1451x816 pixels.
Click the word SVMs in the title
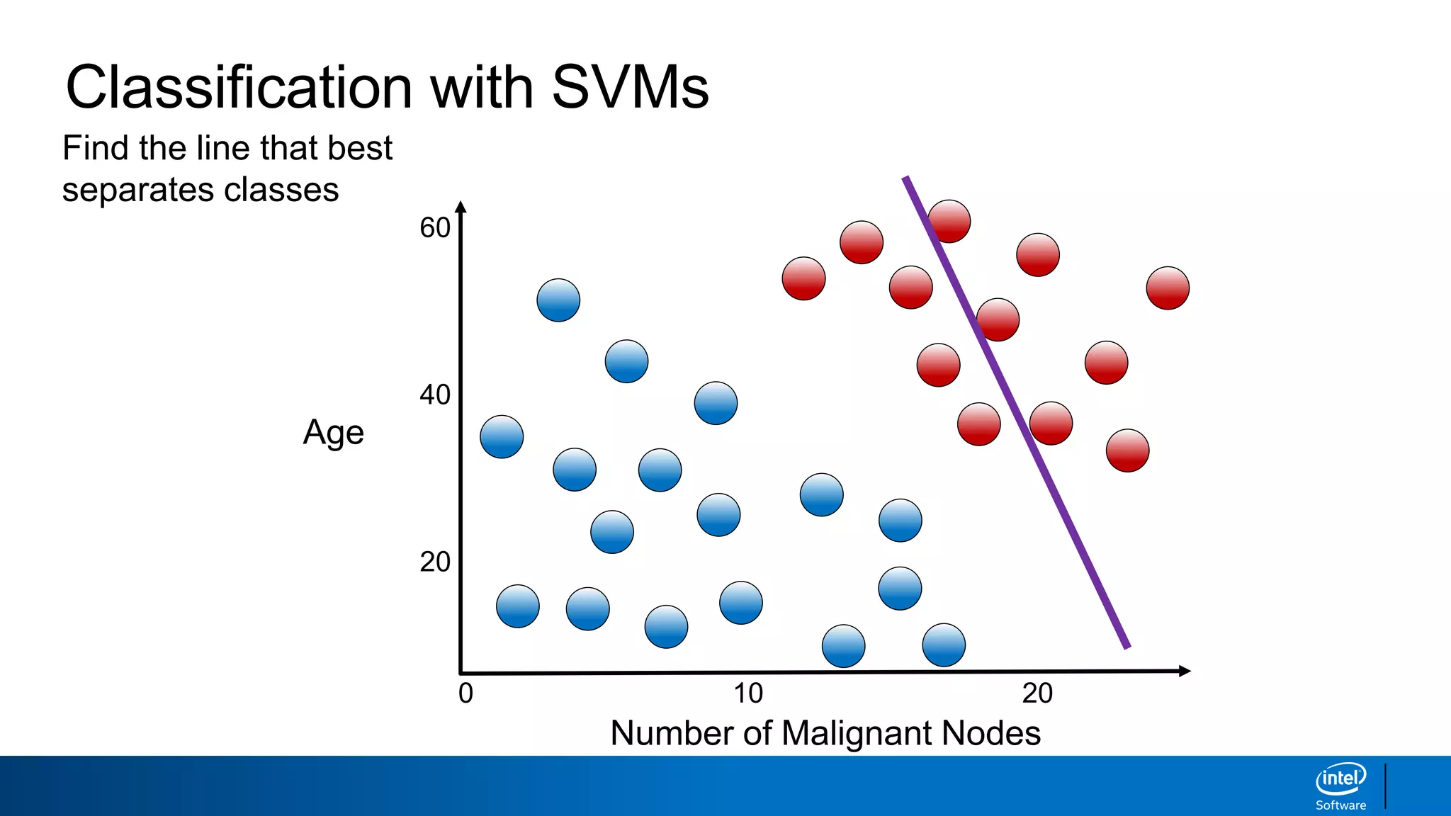[630, 87]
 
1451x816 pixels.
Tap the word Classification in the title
[239, 87]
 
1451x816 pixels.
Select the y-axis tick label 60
[435, 228]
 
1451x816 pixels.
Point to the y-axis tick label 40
[435, 395]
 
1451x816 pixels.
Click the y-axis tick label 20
[435, 562]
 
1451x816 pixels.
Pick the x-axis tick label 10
[748, 693]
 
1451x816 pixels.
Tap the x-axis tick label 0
[465, 693]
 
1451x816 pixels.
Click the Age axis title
[333, 433]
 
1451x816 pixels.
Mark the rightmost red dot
[1168, 288]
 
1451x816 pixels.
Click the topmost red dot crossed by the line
[949, 221]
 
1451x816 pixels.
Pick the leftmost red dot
[803, 278]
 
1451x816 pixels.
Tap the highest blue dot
[558, 300]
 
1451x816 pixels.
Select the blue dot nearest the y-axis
[502, 436]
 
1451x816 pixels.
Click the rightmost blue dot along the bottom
[944, 645]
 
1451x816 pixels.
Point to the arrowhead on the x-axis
[1184, 671]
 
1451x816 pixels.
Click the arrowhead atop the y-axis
[461, 208]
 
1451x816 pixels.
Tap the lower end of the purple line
[1127, 645]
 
